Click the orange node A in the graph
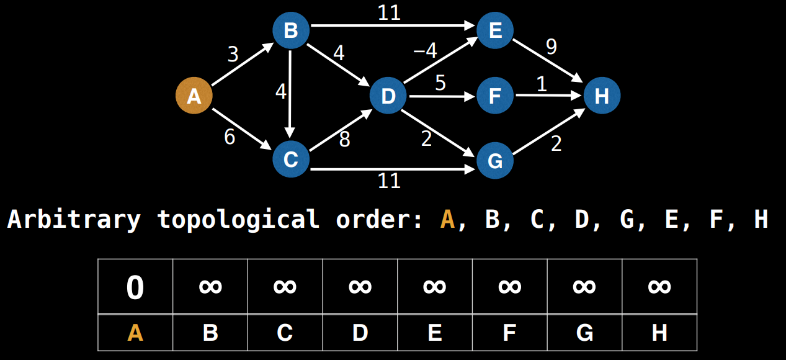coord(194,96)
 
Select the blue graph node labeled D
coord(388,96)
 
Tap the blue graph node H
coord(601,96)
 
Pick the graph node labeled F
coord(495,96)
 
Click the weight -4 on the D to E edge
coord(425,51)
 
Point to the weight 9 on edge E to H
coord(550,46)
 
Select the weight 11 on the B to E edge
coord(390,13)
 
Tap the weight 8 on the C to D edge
coord(344,140)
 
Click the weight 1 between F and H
coord(542,84)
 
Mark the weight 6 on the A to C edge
coord(230,137)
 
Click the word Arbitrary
coord(74,219)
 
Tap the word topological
coord(239,219)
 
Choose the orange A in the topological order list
coord(447,219)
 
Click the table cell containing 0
coord(135,287)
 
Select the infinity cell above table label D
coord(360,287)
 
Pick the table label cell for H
coord(659,333)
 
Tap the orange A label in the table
coord(135,333)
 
